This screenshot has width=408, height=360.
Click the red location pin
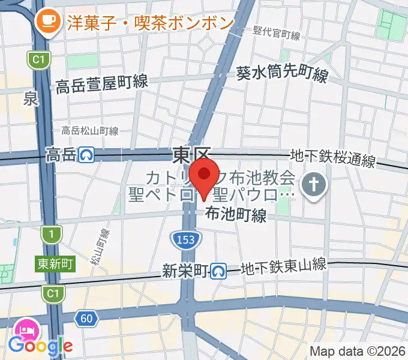(x=205, y=175)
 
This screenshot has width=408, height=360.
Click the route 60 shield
(x=87, y=318)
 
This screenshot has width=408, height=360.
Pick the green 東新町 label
(x=55, y=263)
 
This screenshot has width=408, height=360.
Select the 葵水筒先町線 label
(x=282, y=75)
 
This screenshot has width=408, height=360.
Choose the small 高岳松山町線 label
(x=90, y=130)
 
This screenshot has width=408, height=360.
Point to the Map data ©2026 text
(x=358, y=350)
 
